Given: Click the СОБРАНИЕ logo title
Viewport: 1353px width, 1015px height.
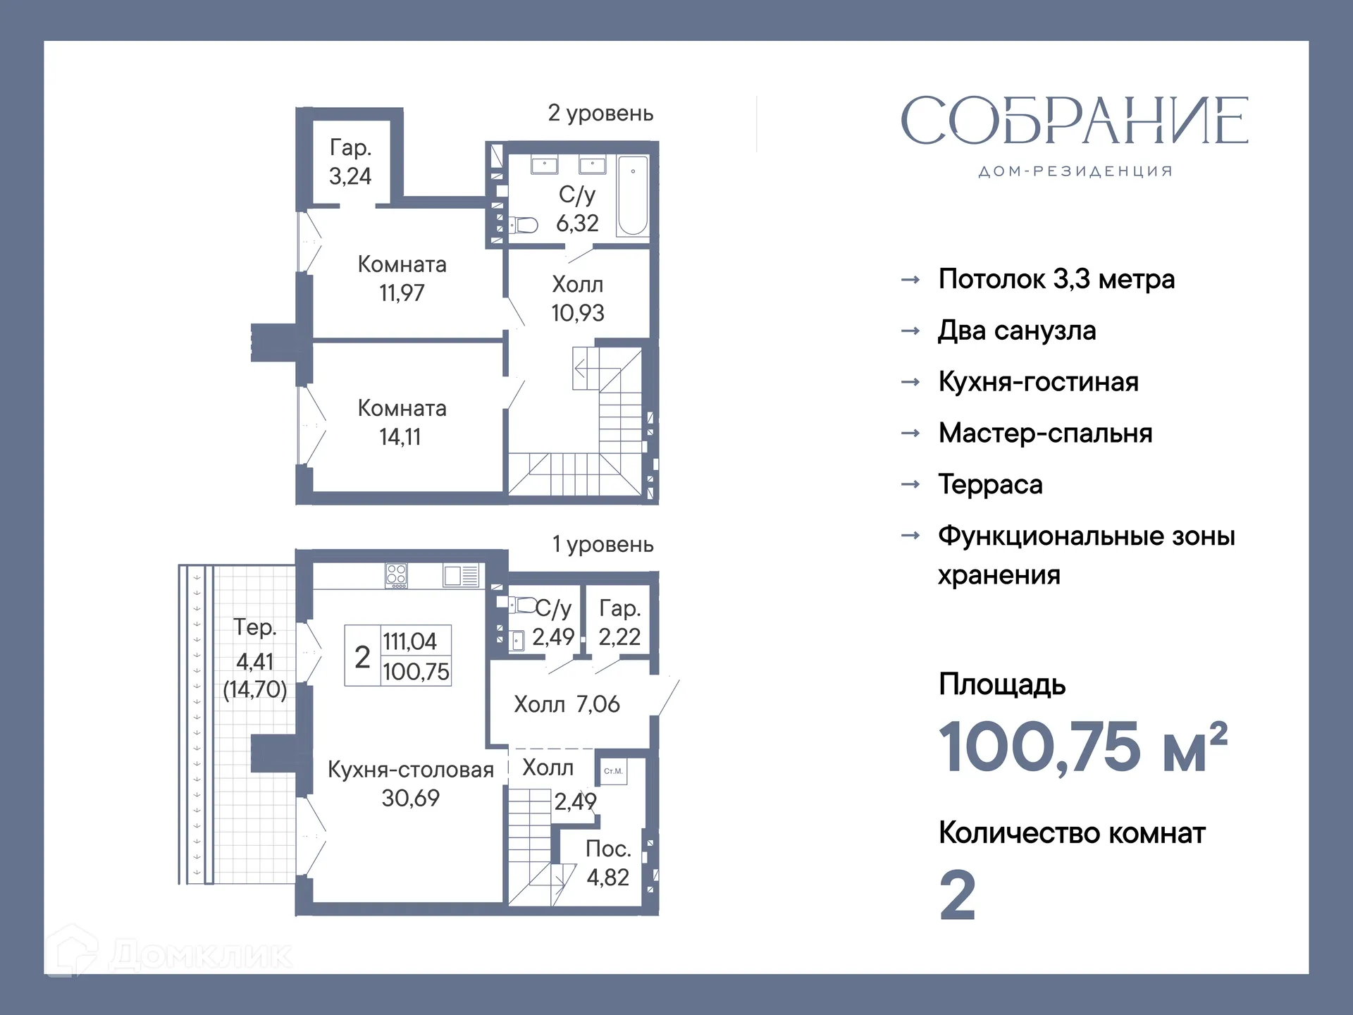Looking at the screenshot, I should tap(1075, 121).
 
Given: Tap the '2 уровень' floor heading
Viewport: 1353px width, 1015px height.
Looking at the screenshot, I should tap(600, 113).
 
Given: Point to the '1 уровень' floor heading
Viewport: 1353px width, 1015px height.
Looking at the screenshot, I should tap(603, 544).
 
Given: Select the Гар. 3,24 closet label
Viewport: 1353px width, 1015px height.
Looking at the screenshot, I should tap(350, 161).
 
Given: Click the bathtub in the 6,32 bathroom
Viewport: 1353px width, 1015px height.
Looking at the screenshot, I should tap(632, 195).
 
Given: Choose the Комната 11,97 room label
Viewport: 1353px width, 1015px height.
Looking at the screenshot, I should tap(402, 278).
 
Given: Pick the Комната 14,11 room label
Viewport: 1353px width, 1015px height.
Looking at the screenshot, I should tap(402, 422).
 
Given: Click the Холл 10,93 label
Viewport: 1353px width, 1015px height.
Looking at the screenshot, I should tap(577, 298).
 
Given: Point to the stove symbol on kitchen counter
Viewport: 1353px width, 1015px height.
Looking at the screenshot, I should tap(396, 576).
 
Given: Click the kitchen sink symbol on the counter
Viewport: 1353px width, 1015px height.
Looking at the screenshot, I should tap(461, 575).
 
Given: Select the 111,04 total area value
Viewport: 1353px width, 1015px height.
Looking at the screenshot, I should tap(409, 641).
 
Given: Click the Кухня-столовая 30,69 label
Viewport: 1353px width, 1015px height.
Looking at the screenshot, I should tap(410, 783).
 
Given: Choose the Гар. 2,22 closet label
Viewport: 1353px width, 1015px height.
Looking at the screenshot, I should tap(619, 622).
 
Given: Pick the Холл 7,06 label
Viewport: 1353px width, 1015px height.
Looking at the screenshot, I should tap(567, 703).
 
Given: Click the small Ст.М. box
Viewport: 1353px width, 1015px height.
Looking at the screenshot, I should tap(613, 771).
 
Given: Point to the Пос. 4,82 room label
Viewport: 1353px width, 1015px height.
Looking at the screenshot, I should tap(607, 863).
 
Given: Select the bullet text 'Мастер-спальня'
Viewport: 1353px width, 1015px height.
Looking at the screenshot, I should tap(1045, 433).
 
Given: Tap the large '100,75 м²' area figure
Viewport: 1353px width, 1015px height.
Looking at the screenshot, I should tap(1083, 746).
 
